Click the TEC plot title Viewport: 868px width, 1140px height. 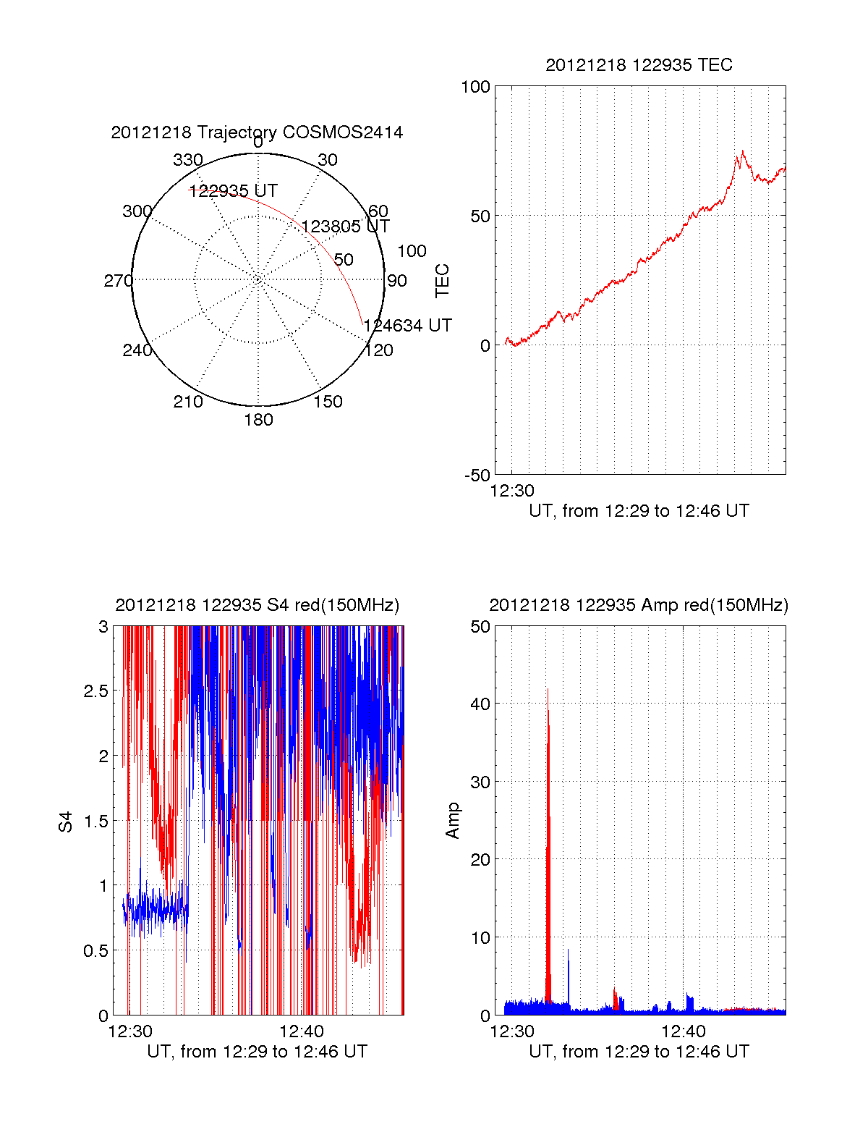639,65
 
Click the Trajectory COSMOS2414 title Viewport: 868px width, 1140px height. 257,132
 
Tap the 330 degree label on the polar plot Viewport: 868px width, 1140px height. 188,160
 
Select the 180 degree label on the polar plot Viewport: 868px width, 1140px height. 258,420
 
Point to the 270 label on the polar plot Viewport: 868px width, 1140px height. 118,281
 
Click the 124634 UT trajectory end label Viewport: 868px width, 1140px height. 408,326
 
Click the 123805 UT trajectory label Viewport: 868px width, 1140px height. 346,227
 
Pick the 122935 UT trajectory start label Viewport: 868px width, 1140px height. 234,191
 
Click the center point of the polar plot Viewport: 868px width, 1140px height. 258,279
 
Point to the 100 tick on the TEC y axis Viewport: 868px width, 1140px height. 475,87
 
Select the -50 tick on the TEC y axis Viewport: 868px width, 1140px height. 477,476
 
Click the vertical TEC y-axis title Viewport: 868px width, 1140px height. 442,281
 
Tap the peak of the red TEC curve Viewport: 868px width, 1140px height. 742,151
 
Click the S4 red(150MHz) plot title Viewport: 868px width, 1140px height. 257,605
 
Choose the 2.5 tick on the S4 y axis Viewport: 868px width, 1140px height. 95,691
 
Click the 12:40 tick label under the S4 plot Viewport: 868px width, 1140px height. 302,1031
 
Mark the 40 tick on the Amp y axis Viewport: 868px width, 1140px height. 480,704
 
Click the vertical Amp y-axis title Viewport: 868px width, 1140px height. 453,820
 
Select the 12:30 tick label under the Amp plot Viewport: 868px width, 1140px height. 512,1031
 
